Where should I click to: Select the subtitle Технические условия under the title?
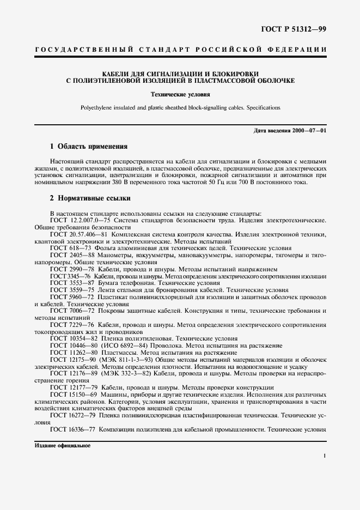(179, 94)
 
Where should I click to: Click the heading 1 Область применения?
(88, 147)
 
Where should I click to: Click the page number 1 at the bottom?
(324, 456)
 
